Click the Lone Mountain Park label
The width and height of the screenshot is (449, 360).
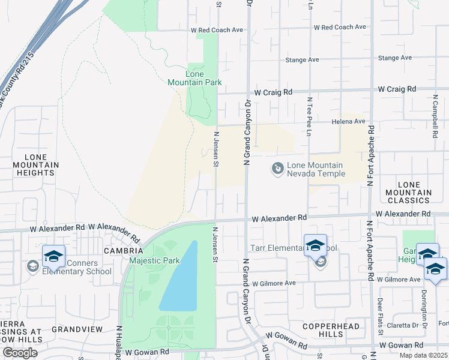tap(203, 78)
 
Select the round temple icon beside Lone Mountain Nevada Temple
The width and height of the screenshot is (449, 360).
tap(278, 169)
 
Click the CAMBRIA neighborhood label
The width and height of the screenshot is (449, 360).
tap(123, 250)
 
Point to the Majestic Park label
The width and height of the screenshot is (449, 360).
tap(154, 260)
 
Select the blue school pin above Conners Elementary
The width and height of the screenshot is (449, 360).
tap(53, 256)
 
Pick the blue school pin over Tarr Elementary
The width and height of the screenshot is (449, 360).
tap(315, 245)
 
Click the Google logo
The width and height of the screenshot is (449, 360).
tap(20, 353)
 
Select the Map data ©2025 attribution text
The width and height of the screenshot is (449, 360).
tap(424, 355)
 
